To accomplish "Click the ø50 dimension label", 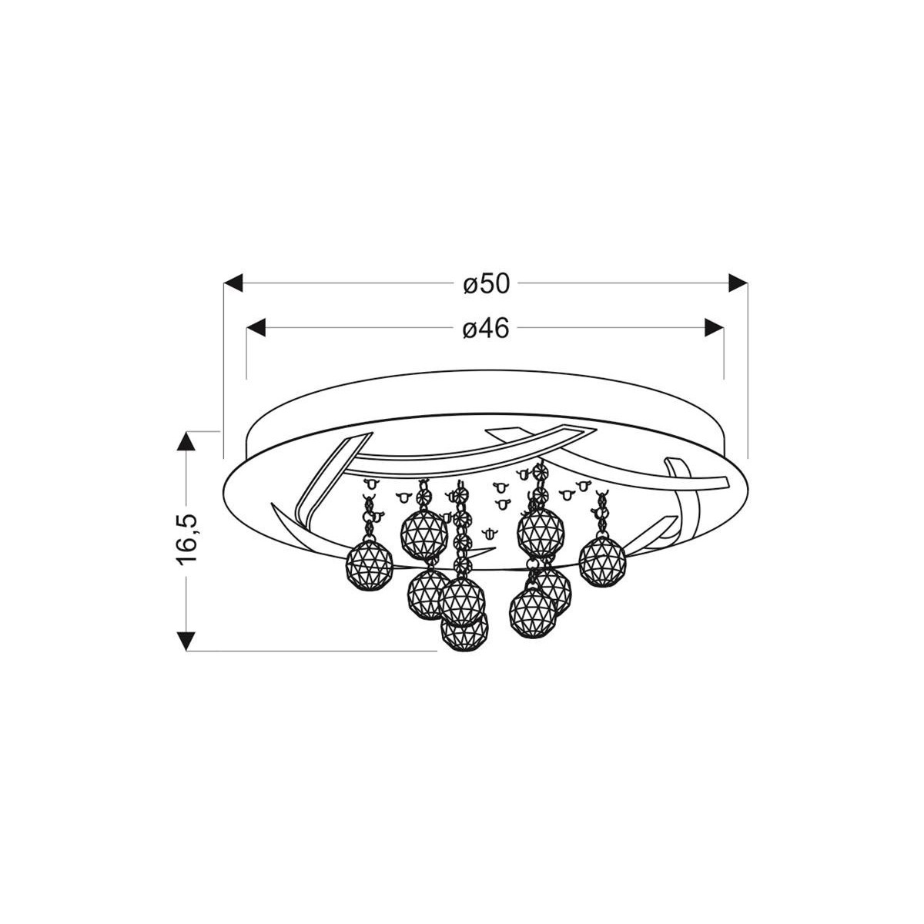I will (x=487, y=284).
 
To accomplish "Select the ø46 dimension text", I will (x=487, y=330).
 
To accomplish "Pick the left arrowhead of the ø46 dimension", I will (x=256, y=329).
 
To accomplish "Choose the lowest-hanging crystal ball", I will (x=465, y=633).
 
